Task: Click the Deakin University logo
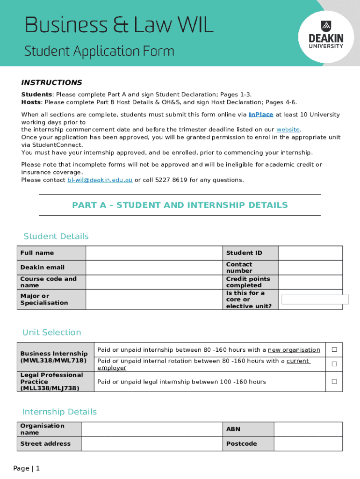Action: [325, 36]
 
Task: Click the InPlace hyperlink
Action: [261, 115]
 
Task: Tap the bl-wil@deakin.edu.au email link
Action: [100, 180]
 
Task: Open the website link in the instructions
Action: [288, 130]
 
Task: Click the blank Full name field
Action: [153, 253]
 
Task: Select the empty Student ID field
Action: [310, 253]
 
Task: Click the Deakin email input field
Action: [153, 268]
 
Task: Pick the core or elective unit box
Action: [315, 300]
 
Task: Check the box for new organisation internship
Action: [334, 350]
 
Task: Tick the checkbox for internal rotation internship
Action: [334, 364]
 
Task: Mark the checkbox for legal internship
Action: [334, 382]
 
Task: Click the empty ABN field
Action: [308, 429]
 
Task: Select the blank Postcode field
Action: [308, 443]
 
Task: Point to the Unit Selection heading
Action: [52, 333]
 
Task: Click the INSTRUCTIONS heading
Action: [51, 83]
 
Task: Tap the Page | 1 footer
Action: [27, 468]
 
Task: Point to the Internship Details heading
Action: [59, 412]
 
